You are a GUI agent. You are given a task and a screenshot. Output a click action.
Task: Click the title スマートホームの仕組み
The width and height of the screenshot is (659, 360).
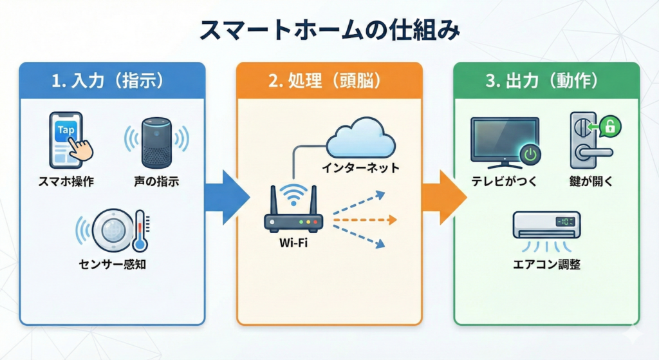(329, 31)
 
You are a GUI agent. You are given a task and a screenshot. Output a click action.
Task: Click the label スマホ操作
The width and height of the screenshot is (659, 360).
(66, 182)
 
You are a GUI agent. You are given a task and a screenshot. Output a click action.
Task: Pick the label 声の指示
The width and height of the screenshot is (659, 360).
(156, 182)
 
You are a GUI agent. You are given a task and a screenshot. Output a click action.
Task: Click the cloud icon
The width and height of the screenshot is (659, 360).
(360, 138)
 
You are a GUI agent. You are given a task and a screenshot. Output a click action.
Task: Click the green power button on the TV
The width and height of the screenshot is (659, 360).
(530, 155)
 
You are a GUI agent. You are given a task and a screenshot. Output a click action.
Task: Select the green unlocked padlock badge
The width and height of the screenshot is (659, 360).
(609, 128)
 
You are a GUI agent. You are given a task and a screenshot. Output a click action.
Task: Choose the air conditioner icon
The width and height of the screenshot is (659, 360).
(546, 225)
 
